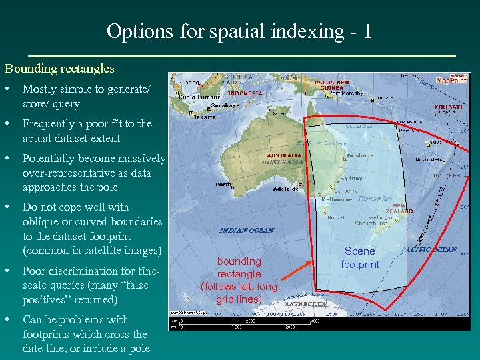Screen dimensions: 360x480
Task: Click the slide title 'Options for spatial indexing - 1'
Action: [x=239, y=31]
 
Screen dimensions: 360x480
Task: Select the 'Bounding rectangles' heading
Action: [x=59, y=68]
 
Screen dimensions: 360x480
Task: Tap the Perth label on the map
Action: [x=223, y=184]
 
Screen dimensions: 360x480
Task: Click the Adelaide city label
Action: [x=286, y=189]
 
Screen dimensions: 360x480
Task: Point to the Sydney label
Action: [x=351, y=179]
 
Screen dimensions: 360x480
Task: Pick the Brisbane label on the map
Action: [x=361, y=155]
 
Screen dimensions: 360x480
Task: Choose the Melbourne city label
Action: [x=337, y=199]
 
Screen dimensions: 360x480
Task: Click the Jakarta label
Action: [x=205, y=117]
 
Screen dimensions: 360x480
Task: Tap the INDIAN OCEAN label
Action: [x=247, y=230]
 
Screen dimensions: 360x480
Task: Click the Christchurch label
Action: [x=371, y=223]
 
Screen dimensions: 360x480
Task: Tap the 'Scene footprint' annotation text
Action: [x=359, y=257]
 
